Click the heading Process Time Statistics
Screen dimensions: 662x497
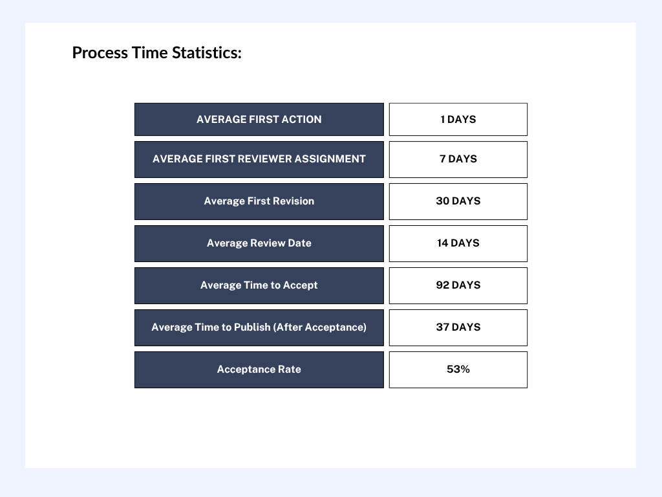click(156, 53)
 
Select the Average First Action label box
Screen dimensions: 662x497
click(259, 119)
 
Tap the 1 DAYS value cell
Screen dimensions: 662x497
click(458, 119)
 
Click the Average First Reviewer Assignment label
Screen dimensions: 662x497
click(259, 159)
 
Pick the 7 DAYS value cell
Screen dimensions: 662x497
click(458, 159)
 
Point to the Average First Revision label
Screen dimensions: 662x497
click(259, 201)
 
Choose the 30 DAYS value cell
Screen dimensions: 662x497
click(458, 201)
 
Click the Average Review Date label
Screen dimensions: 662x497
click(259, 243)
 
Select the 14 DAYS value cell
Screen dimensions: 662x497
click(458, 243)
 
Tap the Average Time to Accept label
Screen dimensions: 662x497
click(259, 285)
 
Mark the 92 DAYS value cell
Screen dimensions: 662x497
click(458, 285)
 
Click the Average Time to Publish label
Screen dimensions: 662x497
click(259, 327)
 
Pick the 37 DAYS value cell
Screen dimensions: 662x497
click(458, 327)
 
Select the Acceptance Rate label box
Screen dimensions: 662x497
click(259, 370)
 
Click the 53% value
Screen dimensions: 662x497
click(458, 370)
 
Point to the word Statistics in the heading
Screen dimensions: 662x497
click(206, 53)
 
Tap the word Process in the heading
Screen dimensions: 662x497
click(100, 53)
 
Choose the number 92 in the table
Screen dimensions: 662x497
click(442, 285)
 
